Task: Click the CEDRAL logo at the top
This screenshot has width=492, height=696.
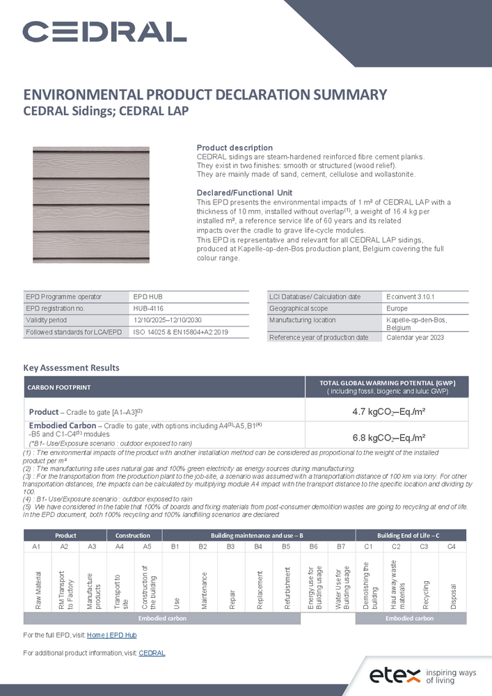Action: (x=104, y=31)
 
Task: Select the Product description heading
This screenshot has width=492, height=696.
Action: (x=235, y=148)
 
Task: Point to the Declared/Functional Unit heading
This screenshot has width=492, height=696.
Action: (x=244, y=193)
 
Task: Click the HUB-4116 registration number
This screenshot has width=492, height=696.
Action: (x=149, y=308)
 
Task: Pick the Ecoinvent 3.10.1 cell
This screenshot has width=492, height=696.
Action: (x=410, y=297)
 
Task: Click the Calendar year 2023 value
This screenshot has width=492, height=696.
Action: (x=415, y=338)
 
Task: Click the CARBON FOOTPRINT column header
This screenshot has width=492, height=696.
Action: (x=59, y=387)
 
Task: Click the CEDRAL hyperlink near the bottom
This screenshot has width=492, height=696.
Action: (x=152, y=654)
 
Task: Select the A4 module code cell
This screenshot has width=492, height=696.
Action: (x=119, y=547)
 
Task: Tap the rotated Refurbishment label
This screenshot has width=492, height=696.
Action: (x=286, y=580)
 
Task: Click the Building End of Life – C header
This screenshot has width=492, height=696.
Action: (x=408, y=535)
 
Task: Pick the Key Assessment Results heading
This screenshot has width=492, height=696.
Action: (x=71, y=367)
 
